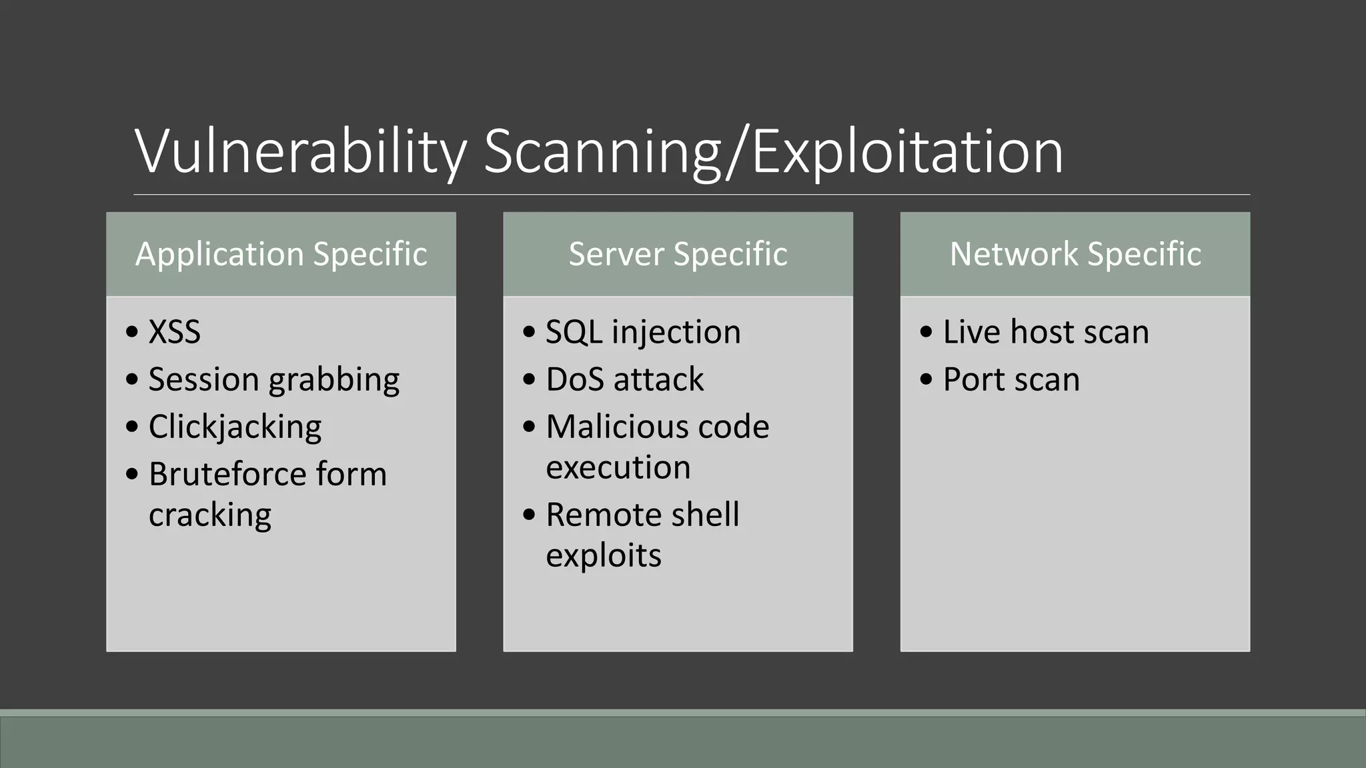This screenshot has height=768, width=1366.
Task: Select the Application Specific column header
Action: coord(281,254)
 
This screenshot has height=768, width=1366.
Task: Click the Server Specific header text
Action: coord(678,254)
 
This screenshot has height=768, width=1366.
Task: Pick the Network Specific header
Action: coord(1075,254)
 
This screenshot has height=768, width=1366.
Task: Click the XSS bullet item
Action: coord(174,332)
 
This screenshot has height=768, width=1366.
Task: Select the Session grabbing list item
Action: coord(273,379)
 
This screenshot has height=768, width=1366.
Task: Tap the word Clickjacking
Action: coord(235,427)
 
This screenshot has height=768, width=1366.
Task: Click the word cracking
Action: coord(210,515)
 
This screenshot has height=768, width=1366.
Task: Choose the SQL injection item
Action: coord(643,332)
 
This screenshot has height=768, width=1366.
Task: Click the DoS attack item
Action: coord(624,379)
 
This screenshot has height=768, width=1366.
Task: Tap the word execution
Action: coord(618,467)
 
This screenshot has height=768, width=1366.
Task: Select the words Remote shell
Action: coord(642,515)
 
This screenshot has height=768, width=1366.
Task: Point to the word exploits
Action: coord(603,555)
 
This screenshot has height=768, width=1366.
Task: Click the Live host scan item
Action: coord(1046,332)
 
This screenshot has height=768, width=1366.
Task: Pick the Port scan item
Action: coord(1011,379)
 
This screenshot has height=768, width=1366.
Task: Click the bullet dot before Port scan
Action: coord(926,379)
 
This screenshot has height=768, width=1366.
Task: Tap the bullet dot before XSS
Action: coord(132,331)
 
